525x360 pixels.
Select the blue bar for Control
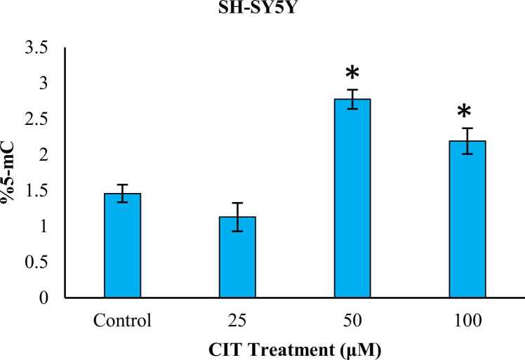click(122, 246)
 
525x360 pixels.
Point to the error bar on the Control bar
click(122, 193)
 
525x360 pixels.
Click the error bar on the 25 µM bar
click(237, 217)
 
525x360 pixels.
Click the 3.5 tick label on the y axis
click(38, 48)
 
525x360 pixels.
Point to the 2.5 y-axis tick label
click(38, 119)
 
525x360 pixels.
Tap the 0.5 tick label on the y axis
click(38, 262)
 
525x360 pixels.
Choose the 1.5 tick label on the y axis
click(38, 191)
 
